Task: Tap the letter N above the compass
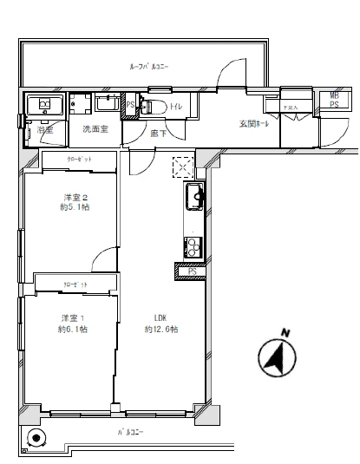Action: (284, 331)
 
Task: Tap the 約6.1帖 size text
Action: (73, 330)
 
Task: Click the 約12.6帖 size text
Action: (161, 330)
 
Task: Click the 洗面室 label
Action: (95, 129)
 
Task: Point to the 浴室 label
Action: (45, 129)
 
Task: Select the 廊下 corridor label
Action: (158, 133)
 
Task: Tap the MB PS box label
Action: (334, 101)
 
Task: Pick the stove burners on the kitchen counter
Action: (192, 245)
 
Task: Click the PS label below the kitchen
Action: (193, 271)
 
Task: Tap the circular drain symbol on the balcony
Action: (36, 438)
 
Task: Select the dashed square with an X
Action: (184, 167)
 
